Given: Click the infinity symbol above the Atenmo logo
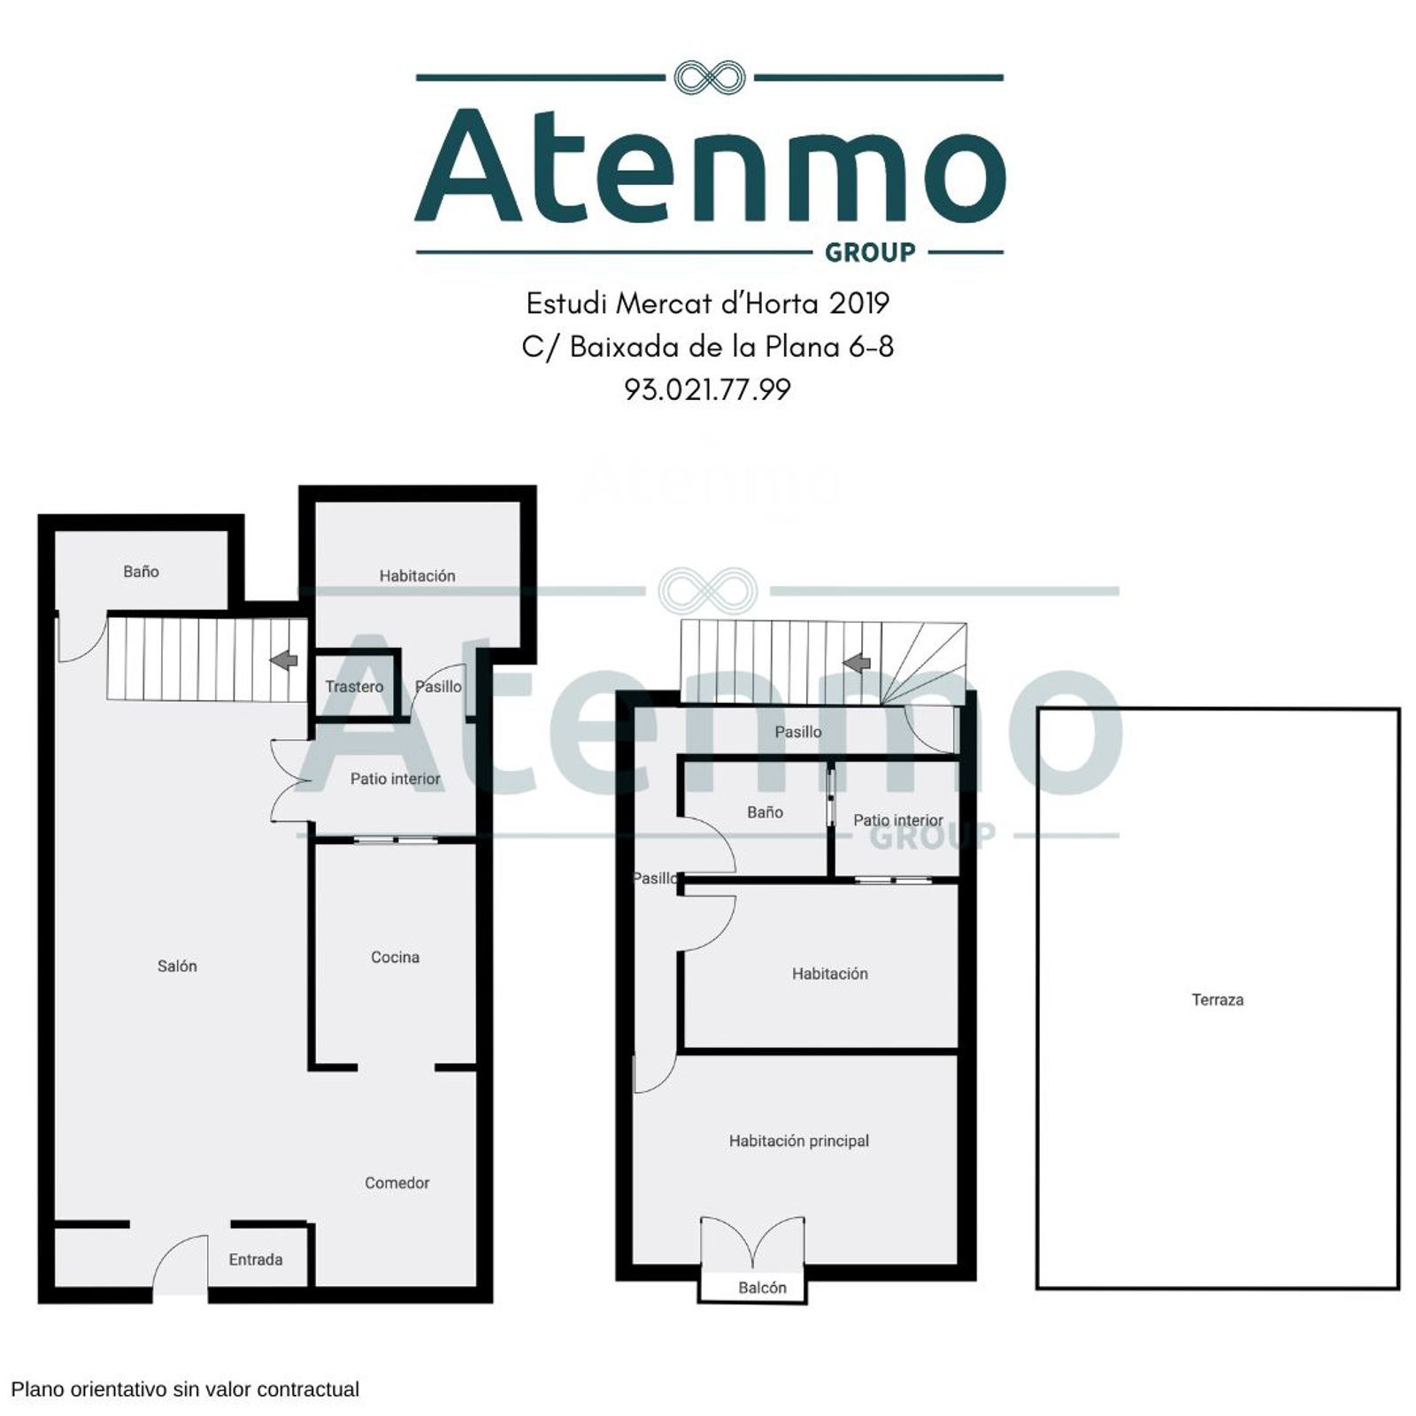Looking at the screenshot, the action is (709, 77).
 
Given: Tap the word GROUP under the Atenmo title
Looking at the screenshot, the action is (870, 253).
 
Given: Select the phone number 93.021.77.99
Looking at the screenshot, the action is (707, 389).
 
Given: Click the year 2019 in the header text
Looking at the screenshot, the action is (858, 304).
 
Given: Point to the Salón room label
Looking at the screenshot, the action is (177, 966).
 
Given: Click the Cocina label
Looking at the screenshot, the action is (395, 957).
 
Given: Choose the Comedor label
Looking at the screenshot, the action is (396, 1183).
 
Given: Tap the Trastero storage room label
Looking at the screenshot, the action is (354, 687).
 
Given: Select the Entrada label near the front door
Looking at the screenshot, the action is (256, 1259).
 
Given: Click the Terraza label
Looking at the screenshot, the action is (1218, 1000).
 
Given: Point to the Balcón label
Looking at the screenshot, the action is (762, 1288).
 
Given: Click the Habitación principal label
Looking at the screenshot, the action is (799, 1142).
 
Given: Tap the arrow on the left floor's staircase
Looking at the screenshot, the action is (284, 660).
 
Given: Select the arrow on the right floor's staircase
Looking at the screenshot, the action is (857, 662).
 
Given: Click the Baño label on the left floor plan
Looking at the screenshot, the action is (141, 572).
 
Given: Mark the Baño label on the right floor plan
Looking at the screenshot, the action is (765, 812).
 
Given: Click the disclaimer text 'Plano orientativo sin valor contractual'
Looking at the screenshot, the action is (185, 1389).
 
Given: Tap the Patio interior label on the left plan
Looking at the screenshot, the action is (395, 779).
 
